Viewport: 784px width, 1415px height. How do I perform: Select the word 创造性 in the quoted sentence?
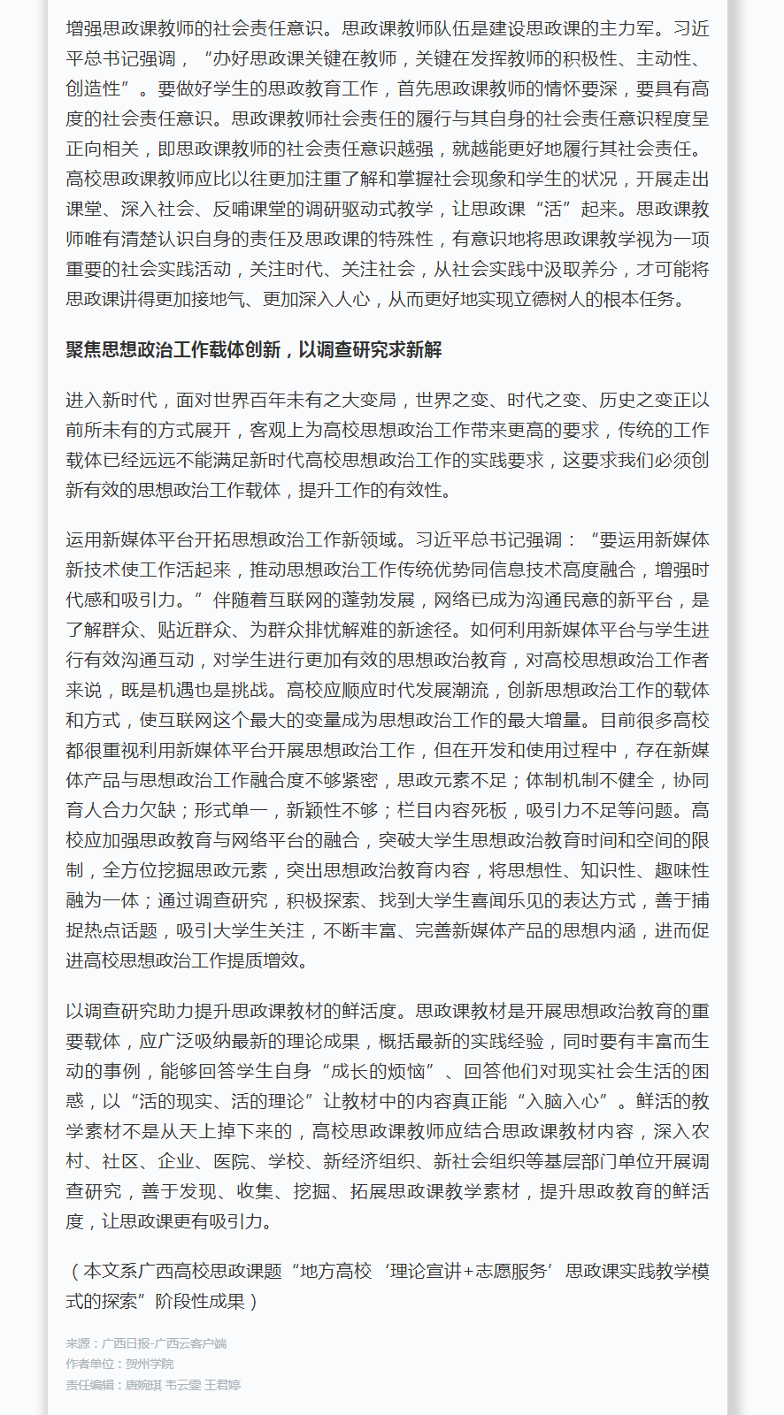[93, 88]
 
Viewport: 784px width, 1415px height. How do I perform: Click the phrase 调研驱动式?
[330, 209]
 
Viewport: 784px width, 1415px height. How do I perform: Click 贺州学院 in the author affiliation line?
[150, 1365]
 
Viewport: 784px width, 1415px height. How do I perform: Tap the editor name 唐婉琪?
[142, 1385]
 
